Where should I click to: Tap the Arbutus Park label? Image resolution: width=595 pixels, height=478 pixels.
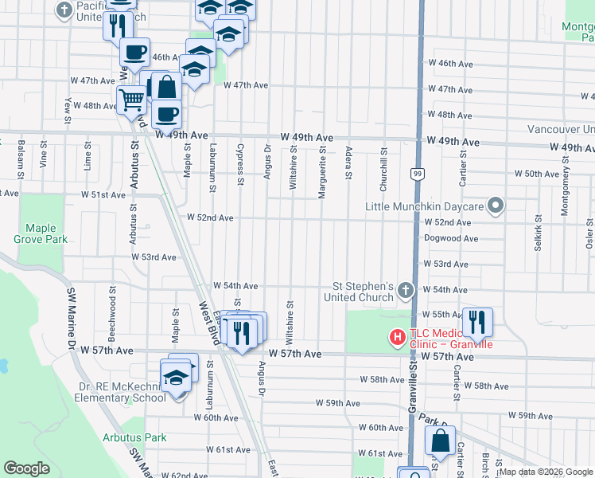134,437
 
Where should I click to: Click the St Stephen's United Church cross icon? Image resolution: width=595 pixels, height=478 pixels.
406,289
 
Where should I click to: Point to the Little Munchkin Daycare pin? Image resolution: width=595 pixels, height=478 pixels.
496,206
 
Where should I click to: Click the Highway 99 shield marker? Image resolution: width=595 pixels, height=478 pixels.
417,173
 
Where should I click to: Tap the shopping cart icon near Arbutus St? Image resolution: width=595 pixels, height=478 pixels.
130,100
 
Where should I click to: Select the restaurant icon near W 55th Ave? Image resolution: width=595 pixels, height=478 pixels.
477,320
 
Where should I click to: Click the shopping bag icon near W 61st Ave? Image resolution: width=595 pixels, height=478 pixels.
439,440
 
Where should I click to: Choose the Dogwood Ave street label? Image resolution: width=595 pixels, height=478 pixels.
451,238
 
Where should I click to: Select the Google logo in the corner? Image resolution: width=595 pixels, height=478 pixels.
27,468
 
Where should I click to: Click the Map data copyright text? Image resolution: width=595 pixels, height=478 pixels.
546,472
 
